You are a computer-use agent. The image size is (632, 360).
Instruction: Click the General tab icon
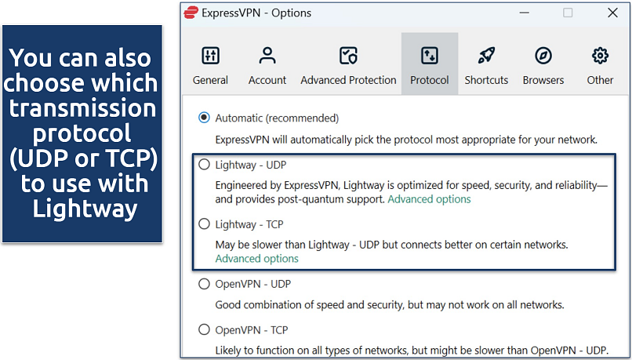point(210,56)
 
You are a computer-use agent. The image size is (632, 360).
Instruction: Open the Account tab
point(267,64)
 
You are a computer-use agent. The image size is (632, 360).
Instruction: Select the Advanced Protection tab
point(348,64)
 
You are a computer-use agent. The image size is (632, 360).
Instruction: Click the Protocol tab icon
point(429,56)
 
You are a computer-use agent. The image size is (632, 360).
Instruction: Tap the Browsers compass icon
point(543,56)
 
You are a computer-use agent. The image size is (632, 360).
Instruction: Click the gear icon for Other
point(600,56)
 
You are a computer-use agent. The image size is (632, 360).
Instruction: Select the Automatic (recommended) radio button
point(205,118)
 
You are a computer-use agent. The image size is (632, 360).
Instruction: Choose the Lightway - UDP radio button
point(205,165)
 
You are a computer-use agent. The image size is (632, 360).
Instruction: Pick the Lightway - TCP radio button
point(205,224)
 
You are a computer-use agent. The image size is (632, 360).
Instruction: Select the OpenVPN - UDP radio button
point(205,284)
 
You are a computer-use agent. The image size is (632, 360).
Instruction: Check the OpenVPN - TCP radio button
point(205,329)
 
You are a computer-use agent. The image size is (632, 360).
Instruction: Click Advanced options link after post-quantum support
point(429,199)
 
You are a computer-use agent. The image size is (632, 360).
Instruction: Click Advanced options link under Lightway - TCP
point(256,258)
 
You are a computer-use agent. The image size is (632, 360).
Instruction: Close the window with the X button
point(612,13)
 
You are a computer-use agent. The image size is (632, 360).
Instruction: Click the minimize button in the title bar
point(525,13)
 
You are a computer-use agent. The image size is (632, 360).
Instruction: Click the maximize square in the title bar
point(568,13)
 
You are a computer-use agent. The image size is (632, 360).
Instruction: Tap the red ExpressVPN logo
point(191,13)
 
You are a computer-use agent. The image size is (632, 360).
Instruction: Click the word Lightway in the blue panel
point(85,209)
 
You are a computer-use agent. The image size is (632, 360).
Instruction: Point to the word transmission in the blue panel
point(82,108)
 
